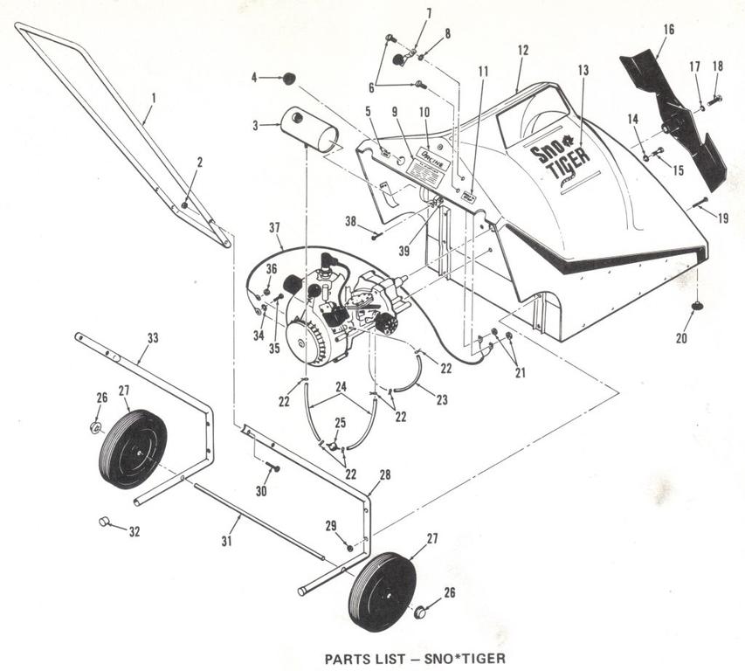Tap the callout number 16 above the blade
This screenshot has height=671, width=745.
(x=668, y=29)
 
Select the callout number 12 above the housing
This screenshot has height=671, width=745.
(x=522, y=51)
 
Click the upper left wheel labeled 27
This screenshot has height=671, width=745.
(x=133, y=449)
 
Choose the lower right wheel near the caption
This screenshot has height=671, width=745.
(x=383, y=590)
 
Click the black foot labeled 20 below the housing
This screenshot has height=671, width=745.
(x=698, y=306)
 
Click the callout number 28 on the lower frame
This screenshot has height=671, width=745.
(x=384, y=474)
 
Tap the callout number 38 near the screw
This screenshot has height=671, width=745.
(x=349, y=221)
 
